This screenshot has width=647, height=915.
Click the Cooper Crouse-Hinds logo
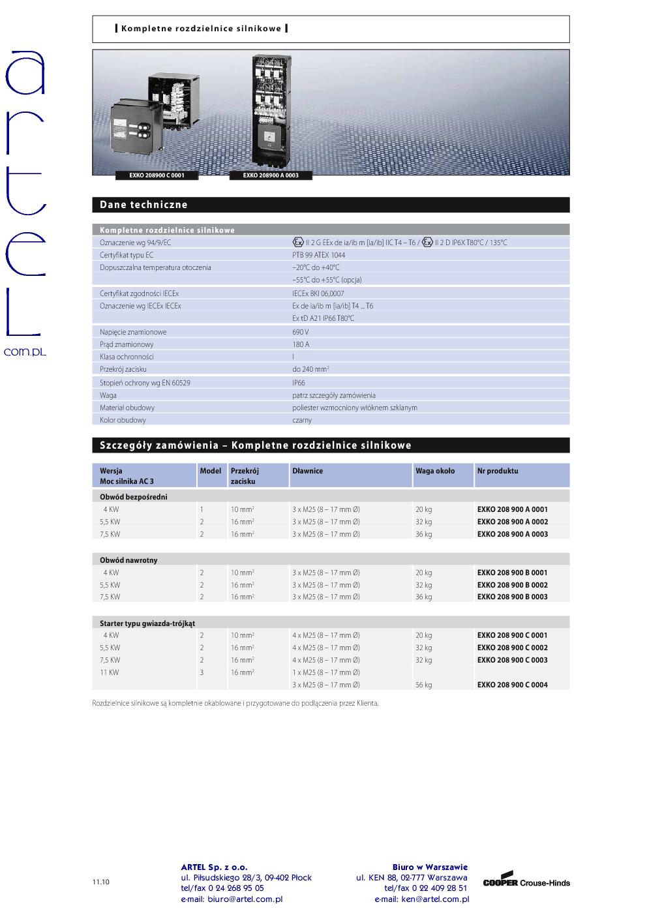tap(526, 882)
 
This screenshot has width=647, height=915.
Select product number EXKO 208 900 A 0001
tap(512, 509)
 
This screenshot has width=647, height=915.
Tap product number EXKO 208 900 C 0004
tap(512, 685)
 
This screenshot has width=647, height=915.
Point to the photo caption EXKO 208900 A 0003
tap(271, 175)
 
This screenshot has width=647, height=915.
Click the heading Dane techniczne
tap(143, 205)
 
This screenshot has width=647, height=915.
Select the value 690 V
tap(301, 332)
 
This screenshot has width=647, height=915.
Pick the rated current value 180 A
tap(301, 344)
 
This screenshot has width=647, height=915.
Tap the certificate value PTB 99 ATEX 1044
tap(319, 255)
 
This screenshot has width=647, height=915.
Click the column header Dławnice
tap(307, 471)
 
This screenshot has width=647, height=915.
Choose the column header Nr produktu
tap(497, 471)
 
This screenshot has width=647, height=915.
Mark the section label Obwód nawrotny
tap(128, 560)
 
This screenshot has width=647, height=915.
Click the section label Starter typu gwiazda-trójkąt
tap(147, 623)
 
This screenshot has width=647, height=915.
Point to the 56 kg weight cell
tap(423, 685)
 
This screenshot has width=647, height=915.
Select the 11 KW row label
tap(109, 672)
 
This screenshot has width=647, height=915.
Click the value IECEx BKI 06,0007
tap(318, 293)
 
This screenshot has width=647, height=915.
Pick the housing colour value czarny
tap(302, 420)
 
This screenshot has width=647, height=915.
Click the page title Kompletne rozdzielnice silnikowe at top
tap(201, 29)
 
